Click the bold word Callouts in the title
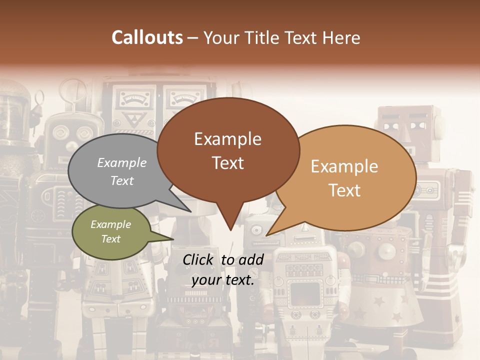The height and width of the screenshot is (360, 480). (x=147, y=37)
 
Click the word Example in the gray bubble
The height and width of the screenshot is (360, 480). (x=122, y=163)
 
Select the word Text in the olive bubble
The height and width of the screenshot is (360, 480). (x=111, y=239)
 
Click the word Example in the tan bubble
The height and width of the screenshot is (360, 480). (x=344, y=166)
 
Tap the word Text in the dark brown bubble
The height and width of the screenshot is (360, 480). (x=228, y=163)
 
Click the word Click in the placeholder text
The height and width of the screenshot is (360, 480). (x=200, y=259)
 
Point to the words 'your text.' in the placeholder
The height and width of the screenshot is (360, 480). (x=223, y=280)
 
